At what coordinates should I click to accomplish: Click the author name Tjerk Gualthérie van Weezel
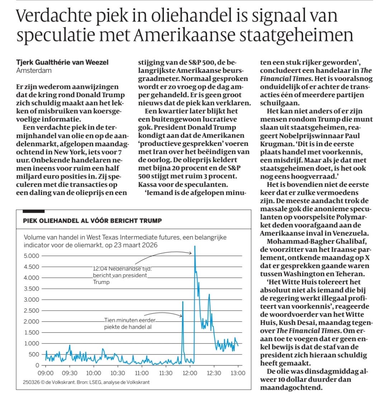click(x=62, y=62)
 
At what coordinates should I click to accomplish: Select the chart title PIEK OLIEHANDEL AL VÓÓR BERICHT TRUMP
click(x=93, y=220)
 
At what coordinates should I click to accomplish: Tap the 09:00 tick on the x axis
click(x=46, y=373)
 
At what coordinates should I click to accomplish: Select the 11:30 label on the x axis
click(x=166, y=373)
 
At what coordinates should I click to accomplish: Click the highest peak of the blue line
click(x=194, y=246)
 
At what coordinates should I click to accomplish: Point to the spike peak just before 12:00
click(x=183, y=302)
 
